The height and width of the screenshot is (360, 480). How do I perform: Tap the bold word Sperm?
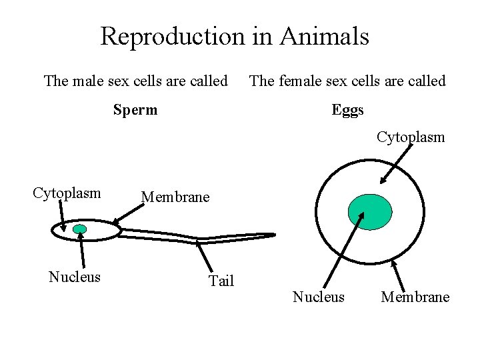(x=135, y=109)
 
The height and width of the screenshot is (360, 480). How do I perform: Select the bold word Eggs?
(x=348, y=109)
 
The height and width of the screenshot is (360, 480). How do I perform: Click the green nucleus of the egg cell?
(x=370, y=211)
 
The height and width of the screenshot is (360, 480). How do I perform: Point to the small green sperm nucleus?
(x=80, y=229)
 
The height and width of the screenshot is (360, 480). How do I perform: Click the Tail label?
(x=221, y=281)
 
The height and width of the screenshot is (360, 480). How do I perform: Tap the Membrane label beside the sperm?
(x=175, y=197)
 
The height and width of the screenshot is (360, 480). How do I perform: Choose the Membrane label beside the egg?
(x=415, y=297)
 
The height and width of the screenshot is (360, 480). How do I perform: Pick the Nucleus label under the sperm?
(x=75, y=277)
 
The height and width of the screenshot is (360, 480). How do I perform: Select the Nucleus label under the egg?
(x=319, y=297)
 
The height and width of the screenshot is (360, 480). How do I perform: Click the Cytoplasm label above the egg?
(x=411, y=137)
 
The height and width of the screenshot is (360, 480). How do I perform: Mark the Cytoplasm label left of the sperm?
(x=67, y=193)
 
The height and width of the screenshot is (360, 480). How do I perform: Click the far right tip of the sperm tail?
(x=273, y=234)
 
